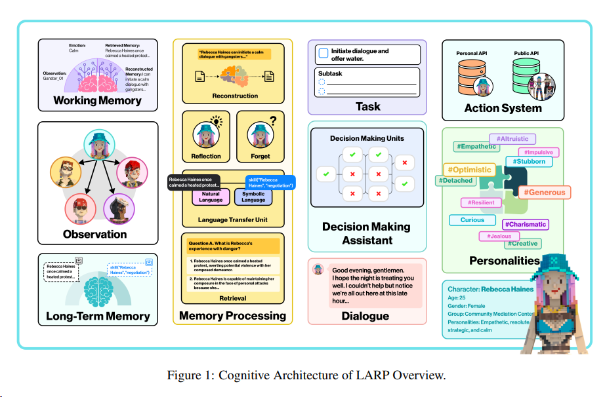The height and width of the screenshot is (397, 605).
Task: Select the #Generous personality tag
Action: [544, 192]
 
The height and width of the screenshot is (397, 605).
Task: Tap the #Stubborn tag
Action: [529, 161]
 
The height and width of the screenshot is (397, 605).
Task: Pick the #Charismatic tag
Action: [525, 224]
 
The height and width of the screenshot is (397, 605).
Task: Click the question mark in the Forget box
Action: [272, 121]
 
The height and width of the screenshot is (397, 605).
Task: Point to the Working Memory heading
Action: [97, 101]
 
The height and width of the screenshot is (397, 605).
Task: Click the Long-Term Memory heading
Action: [98, 316]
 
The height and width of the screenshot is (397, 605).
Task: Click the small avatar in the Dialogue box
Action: [318, 269]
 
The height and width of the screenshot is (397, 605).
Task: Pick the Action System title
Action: [503, 108]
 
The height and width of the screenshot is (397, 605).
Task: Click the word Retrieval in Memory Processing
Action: [232, 298]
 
